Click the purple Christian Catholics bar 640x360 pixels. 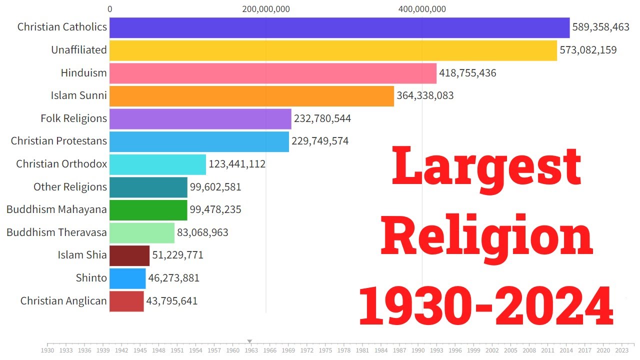click(x=339, y=27)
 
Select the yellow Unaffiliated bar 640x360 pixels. click(x=333, y=50)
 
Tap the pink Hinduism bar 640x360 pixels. click(x=273, y=73)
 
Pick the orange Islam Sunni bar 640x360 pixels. click(x=251, y=95)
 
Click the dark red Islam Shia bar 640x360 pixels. click(x=129, y=255)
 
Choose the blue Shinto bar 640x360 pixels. click(x=127, y=278)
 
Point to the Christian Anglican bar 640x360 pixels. click(x=126, y=301)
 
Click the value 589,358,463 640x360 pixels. click(x=600, y=27)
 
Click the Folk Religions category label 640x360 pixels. click(x=73, y=118)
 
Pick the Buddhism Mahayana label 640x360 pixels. click(x=56, y=209)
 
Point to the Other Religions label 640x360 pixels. click(x=70, y=187)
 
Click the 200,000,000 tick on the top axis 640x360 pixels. click(x=266, y=9)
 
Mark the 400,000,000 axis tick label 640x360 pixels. click(x=422, y=9)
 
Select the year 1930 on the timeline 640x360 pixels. click(x=47, y=351)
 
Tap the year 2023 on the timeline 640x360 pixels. click(x=621, y=351)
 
